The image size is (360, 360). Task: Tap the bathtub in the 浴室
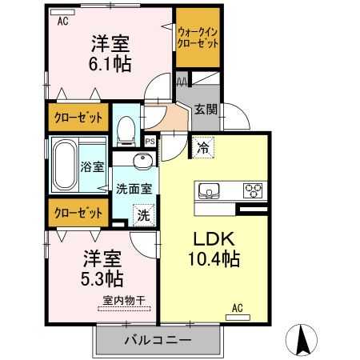pos(64,166)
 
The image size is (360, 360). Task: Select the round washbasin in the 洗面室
pos(143,161)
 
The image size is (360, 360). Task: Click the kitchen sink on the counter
pos(209,191)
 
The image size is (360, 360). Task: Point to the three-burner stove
pos(253,191)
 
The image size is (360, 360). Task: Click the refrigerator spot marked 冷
pos(203,148)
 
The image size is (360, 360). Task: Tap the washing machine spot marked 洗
pos(144,215)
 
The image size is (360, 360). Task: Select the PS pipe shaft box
pos(150,141)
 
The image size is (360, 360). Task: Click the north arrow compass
pos(302,340)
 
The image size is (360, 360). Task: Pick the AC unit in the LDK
pos(238,318)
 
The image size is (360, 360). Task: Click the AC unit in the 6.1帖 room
pos(62,12)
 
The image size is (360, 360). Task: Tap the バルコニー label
pos(158,340)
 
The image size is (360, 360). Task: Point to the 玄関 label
pos(206,110)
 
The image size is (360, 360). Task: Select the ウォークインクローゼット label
pos(198,38)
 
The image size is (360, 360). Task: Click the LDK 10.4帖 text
pos(214,249)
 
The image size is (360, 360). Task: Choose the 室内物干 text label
pos(124,301)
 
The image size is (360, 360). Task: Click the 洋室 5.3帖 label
pos(102,269)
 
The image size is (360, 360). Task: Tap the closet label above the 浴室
pos(78,118)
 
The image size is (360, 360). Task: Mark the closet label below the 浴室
pos(78,213)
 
